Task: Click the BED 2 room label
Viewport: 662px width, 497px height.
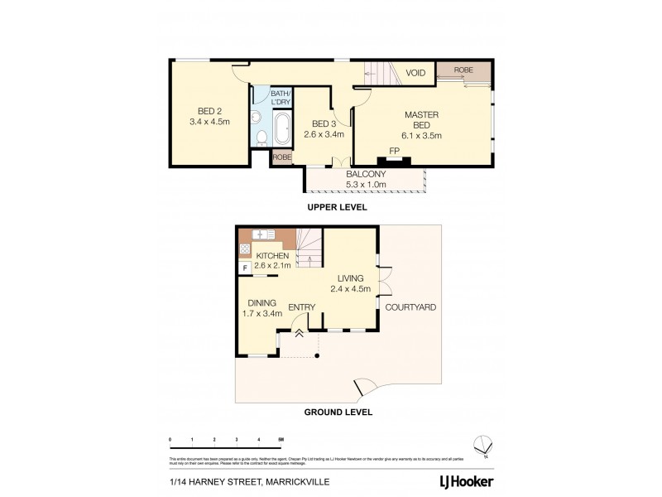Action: tap(209, 111)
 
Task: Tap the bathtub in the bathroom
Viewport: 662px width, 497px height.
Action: tap(281, 130)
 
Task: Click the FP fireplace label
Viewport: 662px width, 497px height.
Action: tap(395, 151)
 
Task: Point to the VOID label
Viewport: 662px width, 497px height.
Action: tap(415, 73)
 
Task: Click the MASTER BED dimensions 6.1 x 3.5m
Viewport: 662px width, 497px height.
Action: tap(421, 135)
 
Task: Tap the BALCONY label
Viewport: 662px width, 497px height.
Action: tap(366, 174)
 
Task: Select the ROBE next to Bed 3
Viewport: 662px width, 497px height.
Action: tap(282, 157)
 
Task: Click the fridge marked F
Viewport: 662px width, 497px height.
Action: tap(245, 268)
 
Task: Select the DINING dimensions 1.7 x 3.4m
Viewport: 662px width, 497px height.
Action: tap(261, 314)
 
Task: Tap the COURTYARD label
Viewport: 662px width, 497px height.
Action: tap(411, 307)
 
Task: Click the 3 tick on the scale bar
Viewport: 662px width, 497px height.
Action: tap(237, 441)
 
